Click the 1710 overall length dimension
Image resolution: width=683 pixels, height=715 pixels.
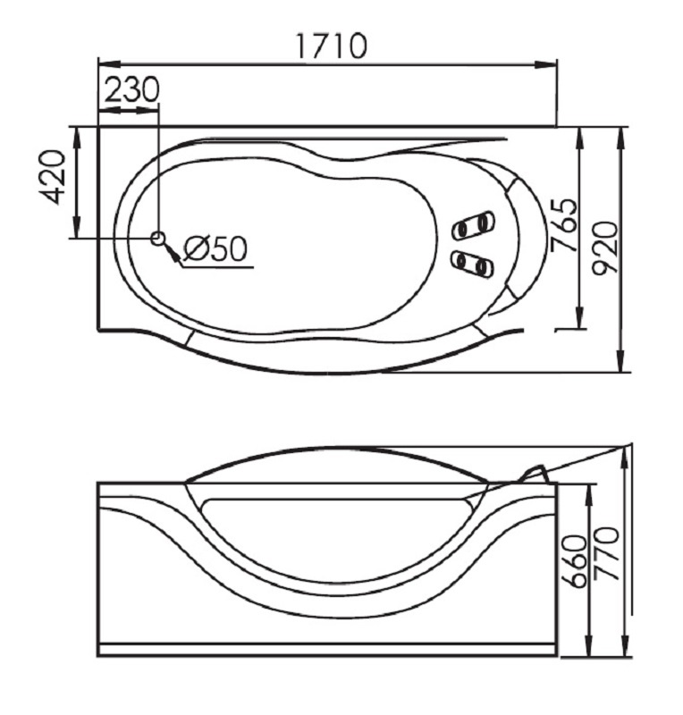[x=332, y=46]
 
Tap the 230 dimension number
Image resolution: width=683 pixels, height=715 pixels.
[x=132, y=89]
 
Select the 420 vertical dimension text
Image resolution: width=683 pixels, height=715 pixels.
[x=53, y=176]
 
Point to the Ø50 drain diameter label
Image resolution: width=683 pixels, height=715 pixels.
[x=215, y=248]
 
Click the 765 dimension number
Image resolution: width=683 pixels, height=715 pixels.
[x=564, y=225]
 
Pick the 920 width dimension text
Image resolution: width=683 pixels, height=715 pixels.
[x=605, y=248]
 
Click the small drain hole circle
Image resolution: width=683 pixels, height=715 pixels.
[x=158, y=238]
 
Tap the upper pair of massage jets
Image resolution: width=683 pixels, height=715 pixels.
[x=473, y=224]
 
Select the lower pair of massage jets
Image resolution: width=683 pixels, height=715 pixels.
[x=472, y=264]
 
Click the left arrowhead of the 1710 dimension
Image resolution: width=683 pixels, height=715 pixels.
[x=109, y=64]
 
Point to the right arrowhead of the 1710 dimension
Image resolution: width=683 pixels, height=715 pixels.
[x=545, y=64]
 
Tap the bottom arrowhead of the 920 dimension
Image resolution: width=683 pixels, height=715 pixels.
[x=620, y=361]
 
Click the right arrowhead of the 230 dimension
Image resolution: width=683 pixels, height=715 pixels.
[x=148, y=110]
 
